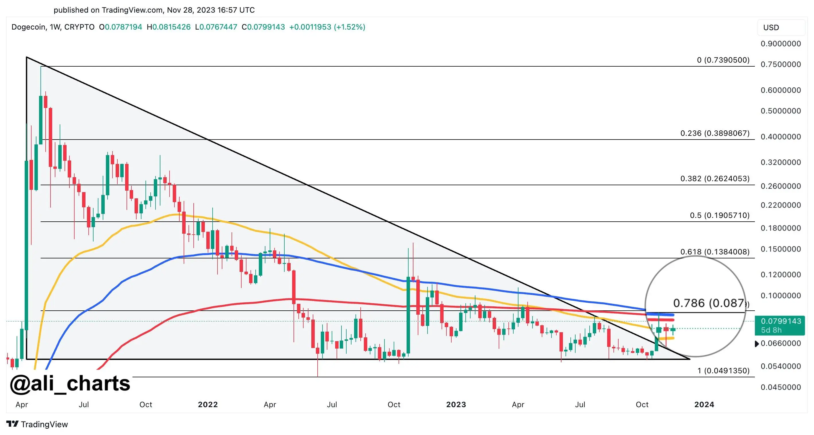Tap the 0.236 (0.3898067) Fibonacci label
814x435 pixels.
[x=715, y=133]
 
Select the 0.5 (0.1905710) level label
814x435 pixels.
[x=720, y=215]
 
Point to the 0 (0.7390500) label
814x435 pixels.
[x=723, y=60]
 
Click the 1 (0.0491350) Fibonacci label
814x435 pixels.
[x=723, y=370]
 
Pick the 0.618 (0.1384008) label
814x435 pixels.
[x=715, y=252]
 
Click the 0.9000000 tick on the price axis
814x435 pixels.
[x=780, y=44]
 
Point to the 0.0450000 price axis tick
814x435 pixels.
[x=780, y=387]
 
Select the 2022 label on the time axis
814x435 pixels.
[x=208, y=404]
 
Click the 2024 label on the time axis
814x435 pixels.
[x=704, y=404]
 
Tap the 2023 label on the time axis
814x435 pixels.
[x=456, y=404]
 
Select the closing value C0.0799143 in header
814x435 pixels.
[x=263, y=27]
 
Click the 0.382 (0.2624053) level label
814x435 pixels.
[x=715, y=179]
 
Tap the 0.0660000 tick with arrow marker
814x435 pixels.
[x=780, y=343]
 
